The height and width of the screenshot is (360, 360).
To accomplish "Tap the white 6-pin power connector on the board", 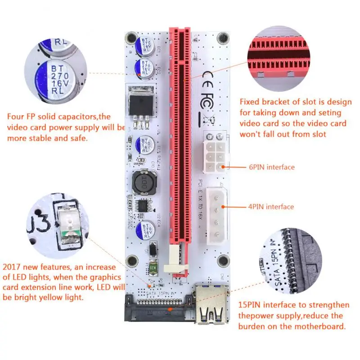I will [x=215, y=155].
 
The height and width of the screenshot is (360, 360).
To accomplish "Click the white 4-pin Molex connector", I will [x=216, y=216].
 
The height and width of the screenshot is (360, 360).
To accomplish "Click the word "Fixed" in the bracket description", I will [x=250, y=102].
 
